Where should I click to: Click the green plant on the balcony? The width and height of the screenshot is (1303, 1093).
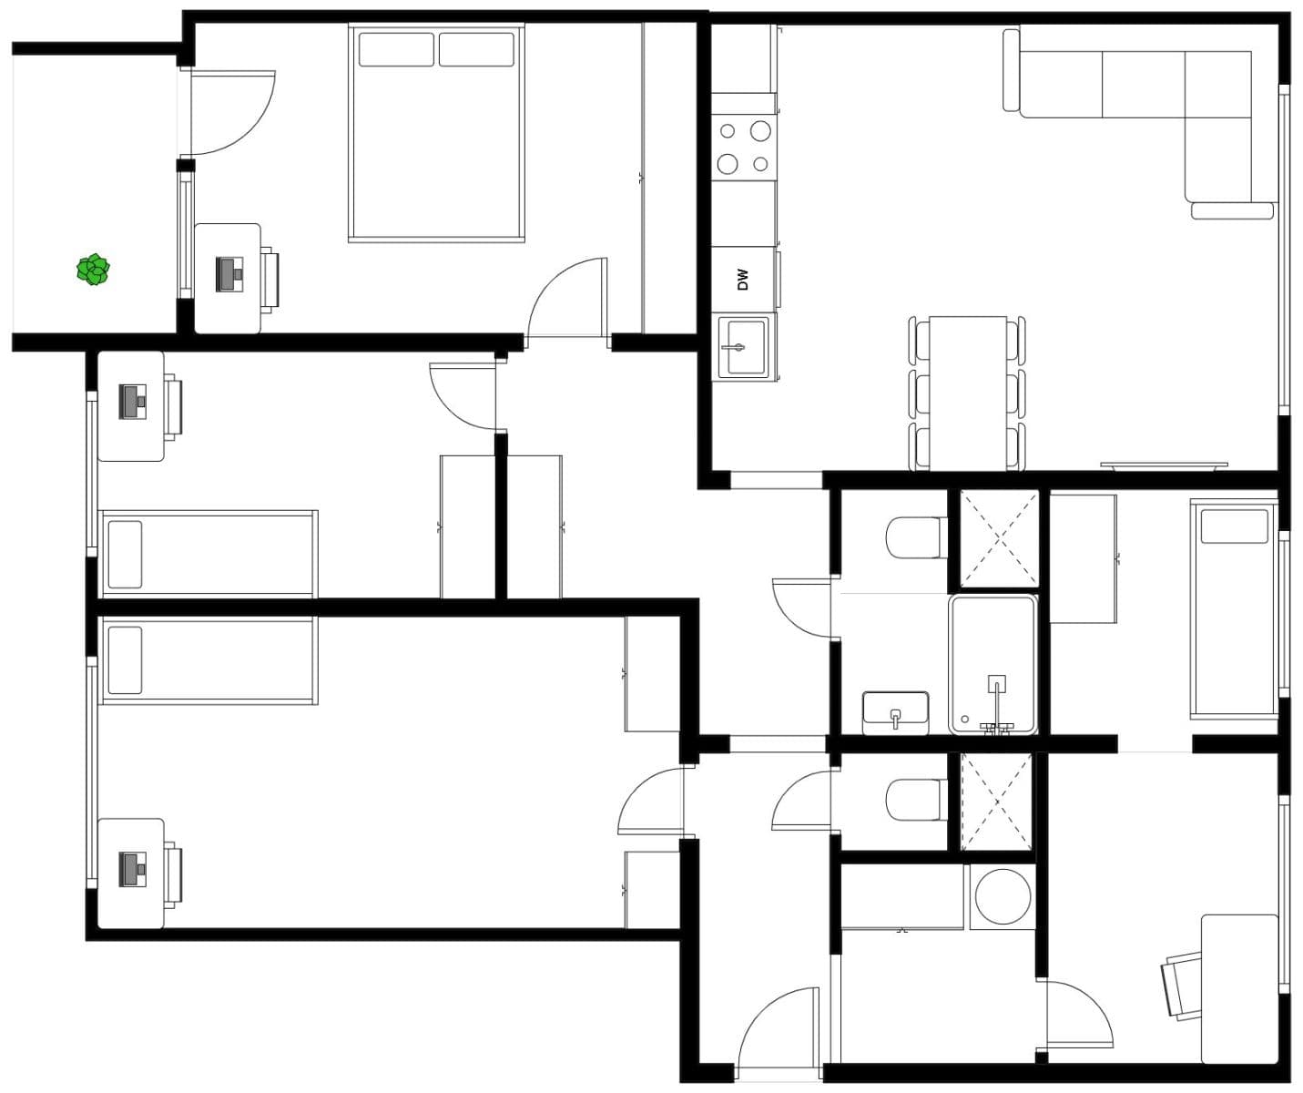click(x=93, y=270)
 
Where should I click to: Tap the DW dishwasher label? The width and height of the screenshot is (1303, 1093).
click(x=742, y=279)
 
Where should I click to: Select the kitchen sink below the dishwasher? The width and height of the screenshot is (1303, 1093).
click(x=744, y=347)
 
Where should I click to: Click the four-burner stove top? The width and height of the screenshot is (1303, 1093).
click(x=744, y=148)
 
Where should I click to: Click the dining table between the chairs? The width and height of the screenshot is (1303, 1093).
click(x=967, y=393)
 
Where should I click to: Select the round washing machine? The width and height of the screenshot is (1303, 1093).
click(x=1002, y=897)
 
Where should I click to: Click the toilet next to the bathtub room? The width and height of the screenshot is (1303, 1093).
click(x=916, y=537)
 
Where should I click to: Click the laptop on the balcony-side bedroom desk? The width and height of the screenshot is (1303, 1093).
click(x=230, y=274)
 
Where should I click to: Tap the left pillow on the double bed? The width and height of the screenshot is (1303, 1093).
click(x=396, y=49)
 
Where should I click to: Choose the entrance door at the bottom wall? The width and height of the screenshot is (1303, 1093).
click(x=779, y=1034)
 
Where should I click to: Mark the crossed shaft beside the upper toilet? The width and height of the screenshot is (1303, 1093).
click(x=999, y=539)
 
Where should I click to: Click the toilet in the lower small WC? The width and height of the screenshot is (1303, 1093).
click(x=916, y=799)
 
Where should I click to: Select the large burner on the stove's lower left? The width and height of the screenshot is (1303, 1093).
click(x=728, y=164)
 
